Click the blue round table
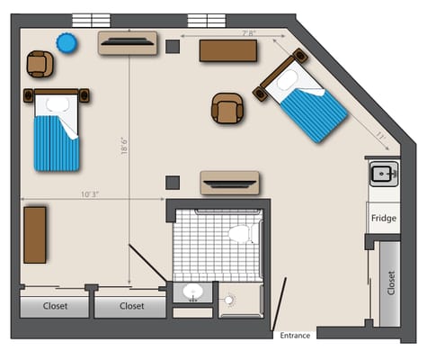[67, 43]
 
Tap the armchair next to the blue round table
[40, 64]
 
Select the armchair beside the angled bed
[227, 108]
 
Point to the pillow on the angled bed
[287, 80]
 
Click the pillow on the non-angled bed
[58, 104]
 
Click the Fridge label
[384, 218]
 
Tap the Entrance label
[295, 336]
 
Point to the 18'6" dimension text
[124, 146]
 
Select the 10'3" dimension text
[90, 194]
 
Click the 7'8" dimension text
[248, 33]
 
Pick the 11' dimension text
[380, 137]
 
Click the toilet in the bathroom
[243, 234]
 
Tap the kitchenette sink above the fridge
[384, 174]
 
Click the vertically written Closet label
[391, 283]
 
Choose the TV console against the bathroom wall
[229, 183]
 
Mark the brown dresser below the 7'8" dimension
[228, 50]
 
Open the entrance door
[279, 303]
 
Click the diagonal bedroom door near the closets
[147, 263]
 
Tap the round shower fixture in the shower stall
[228, 300]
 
